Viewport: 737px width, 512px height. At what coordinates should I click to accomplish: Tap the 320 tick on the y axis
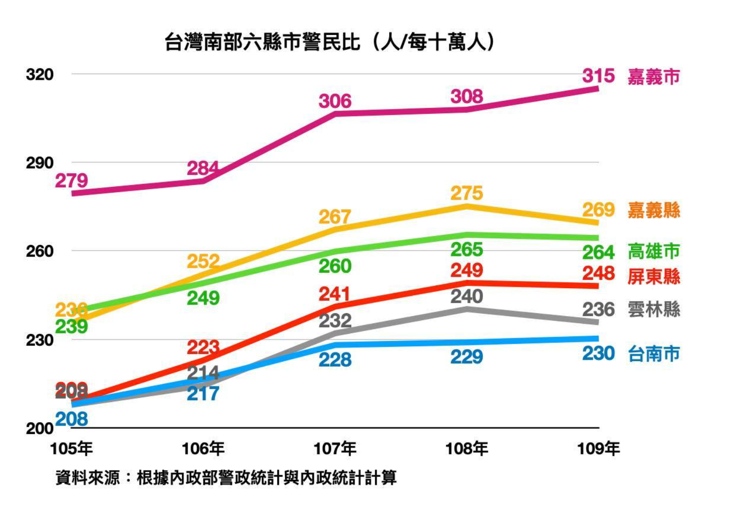tap(39, 75)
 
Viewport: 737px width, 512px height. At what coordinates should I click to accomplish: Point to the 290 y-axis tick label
tap(39, 163)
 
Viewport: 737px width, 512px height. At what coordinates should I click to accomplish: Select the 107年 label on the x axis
tap(335, 449)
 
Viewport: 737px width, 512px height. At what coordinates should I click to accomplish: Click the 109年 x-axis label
tap(598, 449)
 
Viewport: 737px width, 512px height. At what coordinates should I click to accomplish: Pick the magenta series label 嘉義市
tap(654, 77)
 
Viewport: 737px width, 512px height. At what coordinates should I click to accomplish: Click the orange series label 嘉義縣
tap(654, 210)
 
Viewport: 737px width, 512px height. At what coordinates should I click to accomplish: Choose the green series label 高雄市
tap(654, 252)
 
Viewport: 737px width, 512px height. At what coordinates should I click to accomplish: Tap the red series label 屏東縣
tap(654, 276)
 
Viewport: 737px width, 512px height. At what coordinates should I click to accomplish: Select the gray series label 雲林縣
tap(654, 309)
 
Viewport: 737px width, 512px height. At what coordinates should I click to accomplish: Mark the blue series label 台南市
tap(654, 354)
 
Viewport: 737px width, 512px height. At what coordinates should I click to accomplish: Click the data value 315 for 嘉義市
tap(598, 76)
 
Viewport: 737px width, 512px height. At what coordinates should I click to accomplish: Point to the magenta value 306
tap(335, 101)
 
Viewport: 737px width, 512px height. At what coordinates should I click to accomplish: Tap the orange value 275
tap(466, 193)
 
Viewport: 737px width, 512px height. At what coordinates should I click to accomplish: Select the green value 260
tap(335, 266)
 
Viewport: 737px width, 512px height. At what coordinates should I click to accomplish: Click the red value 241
tap(334, 294)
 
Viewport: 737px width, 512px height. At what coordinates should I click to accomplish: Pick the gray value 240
tap(466, 296)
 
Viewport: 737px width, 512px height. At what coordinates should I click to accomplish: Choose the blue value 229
tap(466, 357)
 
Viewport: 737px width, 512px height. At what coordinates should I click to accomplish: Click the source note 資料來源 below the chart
tap(226, 478)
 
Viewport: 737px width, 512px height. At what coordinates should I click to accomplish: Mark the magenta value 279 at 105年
tap(71, 181)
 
